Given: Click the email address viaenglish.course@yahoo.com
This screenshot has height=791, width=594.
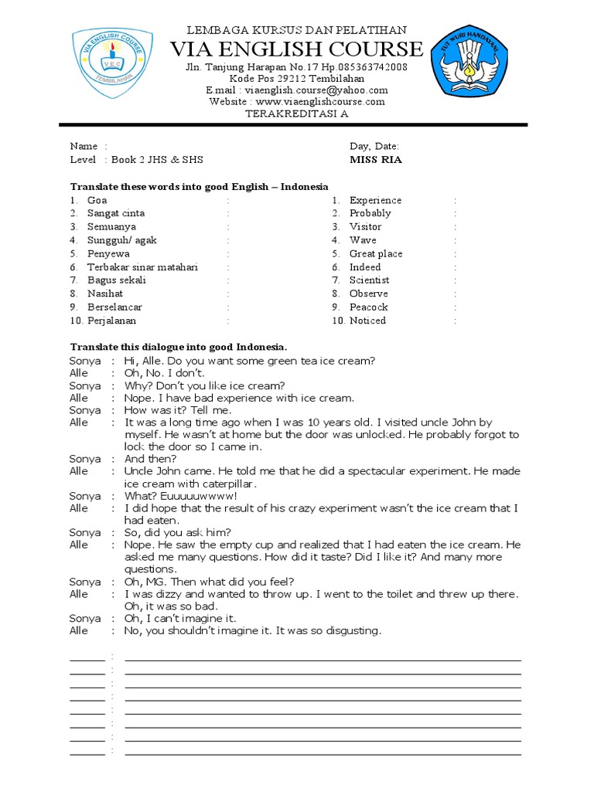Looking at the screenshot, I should click(297, 90).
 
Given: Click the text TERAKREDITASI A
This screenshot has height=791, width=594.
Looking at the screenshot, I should click(297, 114).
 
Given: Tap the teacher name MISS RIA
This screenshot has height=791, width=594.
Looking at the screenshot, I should click(376, 160).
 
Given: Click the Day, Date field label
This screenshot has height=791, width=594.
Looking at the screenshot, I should click(374, 146).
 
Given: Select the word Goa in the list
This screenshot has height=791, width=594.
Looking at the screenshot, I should click(97, 200).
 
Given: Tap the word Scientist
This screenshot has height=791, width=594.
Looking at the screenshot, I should click(369, 280).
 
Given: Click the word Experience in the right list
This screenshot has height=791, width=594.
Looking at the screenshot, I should click(375, 200).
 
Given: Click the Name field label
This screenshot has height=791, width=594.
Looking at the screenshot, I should click(84, 146).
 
